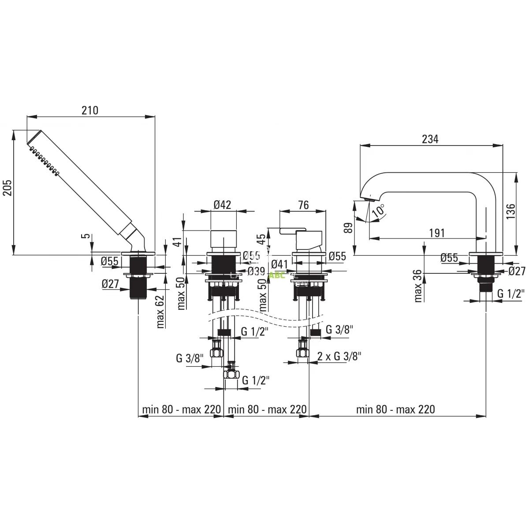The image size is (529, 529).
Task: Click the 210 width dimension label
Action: coord(90,110)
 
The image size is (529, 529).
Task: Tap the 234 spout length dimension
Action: coord(430,139)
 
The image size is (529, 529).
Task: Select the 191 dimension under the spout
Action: coord(436,232)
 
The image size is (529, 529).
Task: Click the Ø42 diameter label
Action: coord(222,205)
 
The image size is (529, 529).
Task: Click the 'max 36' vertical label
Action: coord(418,286)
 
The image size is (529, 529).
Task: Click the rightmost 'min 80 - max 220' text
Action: coord(395,410)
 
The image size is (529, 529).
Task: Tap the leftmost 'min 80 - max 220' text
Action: coord(181,410)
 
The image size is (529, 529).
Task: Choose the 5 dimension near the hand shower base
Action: coord(88,236)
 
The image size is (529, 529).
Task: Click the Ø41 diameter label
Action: coord(279,264)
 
